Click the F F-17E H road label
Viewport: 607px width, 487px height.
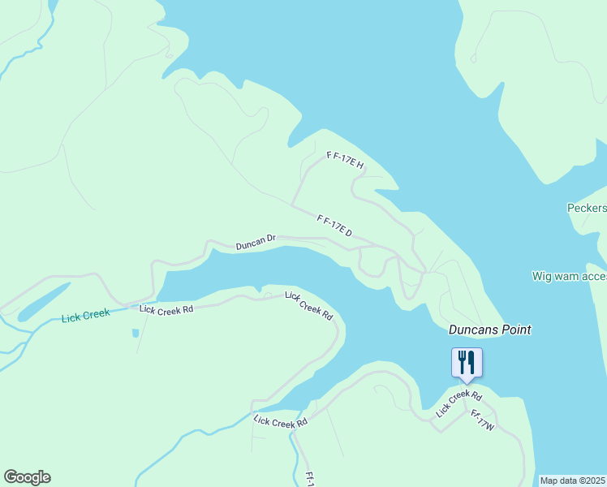345,160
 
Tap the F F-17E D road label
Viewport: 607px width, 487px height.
334,226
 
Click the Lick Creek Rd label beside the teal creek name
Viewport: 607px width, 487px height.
166,309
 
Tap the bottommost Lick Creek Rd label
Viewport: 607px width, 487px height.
280,421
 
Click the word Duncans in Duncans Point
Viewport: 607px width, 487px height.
473,330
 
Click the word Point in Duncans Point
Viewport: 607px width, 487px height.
516,330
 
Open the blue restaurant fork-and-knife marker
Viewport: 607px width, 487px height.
467,361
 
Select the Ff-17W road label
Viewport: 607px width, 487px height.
482,420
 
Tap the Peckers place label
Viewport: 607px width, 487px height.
586,208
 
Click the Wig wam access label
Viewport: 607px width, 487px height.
569,276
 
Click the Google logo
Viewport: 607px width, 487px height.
27,477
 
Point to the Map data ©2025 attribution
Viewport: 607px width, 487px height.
573,481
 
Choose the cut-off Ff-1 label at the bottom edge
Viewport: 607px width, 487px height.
309,479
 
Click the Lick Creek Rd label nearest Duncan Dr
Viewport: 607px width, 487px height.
309,304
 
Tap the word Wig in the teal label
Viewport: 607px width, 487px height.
541,276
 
